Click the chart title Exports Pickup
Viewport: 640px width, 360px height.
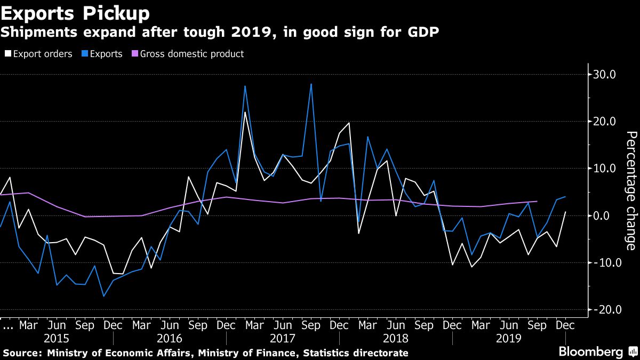pyautogui.click(x=75, y=11)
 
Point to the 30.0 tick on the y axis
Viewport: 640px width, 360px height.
pyautogui.click(x=605, y=75)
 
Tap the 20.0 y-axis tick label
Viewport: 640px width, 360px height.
pyautogui.click(x=605, y=122)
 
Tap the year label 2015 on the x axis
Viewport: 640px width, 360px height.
pyautogui.click(x=57, y=339)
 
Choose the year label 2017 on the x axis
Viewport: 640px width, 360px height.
pyautogui.click(x=283, y=339)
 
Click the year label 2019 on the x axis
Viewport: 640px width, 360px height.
pyautogui.click(x=509, y=339)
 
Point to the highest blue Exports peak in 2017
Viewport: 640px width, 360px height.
pyautogui.click(x=311, y=84)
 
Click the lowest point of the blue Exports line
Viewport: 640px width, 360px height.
pyautogui.click(x=103, y=296)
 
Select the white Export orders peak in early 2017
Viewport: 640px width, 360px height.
pyautogui.click(x=245, y=112)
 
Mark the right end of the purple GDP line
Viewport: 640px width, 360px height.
pyautogui.click(x=537, y=202)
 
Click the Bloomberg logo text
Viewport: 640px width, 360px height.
pyautogui.click(x=590, y=352)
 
